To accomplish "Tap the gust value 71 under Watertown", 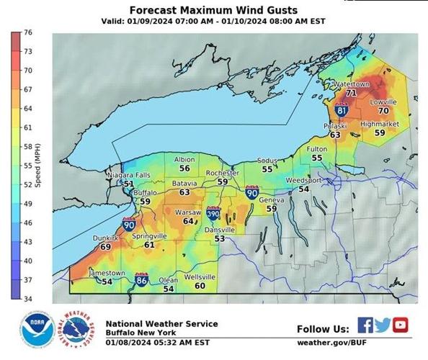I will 351,93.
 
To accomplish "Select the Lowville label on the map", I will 383,102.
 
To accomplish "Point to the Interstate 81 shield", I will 342,111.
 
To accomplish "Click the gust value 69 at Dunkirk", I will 105,246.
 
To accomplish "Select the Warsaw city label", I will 188,212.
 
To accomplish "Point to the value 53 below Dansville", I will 219,238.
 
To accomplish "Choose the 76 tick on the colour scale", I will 27,33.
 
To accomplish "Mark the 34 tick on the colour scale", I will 27,298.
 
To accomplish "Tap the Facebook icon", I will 365,325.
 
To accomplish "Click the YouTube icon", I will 400,325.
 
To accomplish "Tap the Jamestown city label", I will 107,274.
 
